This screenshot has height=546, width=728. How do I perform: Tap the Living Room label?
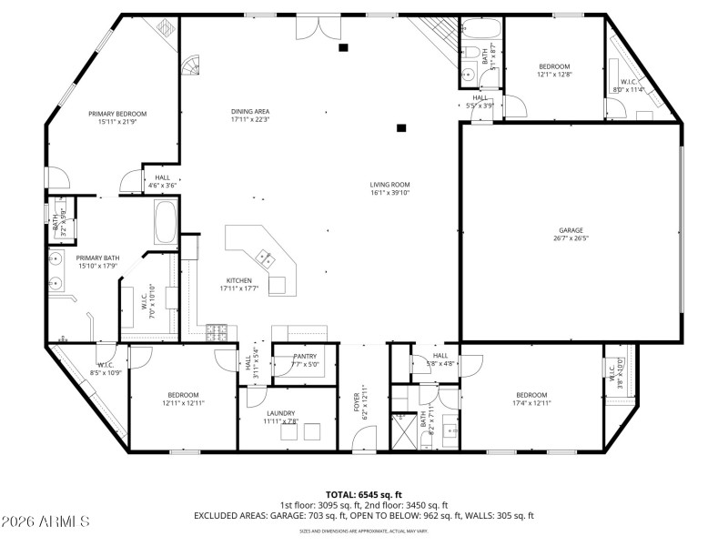[389, 188]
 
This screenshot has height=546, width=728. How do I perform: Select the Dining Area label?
[249, 115]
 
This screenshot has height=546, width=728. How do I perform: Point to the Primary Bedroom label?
[117, 117]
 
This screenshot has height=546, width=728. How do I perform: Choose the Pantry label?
[305, 360]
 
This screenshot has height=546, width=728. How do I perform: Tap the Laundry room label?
[280, 417]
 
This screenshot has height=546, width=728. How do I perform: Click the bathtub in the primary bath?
[166, 223]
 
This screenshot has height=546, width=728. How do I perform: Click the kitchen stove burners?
[218, 329]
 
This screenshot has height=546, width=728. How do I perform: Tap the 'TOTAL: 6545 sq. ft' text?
[364, 494]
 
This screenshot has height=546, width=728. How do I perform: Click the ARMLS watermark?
[45, 521]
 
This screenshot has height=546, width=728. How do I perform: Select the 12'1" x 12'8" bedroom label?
[554, 70]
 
